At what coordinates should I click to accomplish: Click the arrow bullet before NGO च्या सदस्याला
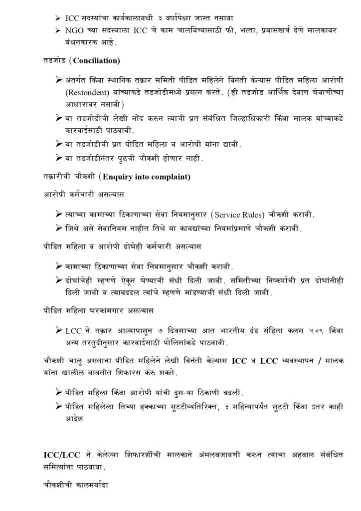coord(58,31)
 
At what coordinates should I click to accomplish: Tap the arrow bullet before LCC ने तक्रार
coord(59,330)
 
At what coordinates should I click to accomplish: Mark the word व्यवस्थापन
coord(287,360)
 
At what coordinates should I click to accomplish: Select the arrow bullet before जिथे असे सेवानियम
coord(59,228)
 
